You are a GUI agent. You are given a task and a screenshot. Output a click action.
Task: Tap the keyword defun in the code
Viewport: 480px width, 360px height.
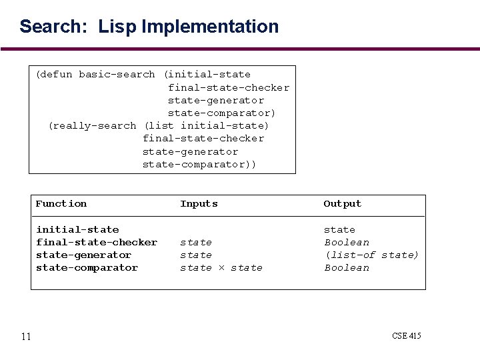click(57, 75)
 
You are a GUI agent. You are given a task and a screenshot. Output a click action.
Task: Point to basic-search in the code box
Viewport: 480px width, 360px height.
click(117, 75)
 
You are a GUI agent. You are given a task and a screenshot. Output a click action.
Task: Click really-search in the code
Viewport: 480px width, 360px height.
click(92, 125)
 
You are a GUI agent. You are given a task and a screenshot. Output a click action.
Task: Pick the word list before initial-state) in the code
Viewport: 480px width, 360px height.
click(159, 125)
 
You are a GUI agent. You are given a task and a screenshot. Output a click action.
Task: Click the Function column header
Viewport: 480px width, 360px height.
click(61, 204)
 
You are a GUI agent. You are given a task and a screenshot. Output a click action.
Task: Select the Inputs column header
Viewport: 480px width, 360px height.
click(199, 204)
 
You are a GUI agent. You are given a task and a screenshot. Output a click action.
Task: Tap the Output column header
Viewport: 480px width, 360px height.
click(342, 204)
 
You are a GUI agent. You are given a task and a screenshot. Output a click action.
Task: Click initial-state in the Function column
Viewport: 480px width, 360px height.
click(77, 229)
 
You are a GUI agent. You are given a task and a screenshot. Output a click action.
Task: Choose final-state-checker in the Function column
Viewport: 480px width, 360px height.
click(97, 242)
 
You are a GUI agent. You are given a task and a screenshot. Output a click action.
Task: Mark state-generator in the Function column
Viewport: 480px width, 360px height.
click(84, 255)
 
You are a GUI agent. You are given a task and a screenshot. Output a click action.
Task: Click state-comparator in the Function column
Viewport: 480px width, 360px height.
click(87, 267)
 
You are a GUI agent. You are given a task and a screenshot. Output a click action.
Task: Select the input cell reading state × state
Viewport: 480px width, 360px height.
click(221, 267)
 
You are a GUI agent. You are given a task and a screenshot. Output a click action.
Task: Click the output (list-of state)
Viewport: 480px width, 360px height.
click(371, 255)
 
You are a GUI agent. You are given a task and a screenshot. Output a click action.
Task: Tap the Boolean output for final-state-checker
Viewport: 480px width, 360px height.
click(347, 242)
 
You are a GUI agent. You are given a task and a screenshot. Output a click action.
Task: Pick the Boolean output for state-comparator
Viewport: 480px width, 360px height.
click(347, 267)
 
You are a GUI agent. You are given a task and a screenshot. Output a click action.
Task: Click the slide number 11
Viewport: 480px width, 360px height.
click(26, 336)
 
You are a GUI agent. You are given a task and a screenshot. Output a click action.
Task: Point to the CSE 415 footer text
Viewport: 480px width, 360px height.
click(407, 335)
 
